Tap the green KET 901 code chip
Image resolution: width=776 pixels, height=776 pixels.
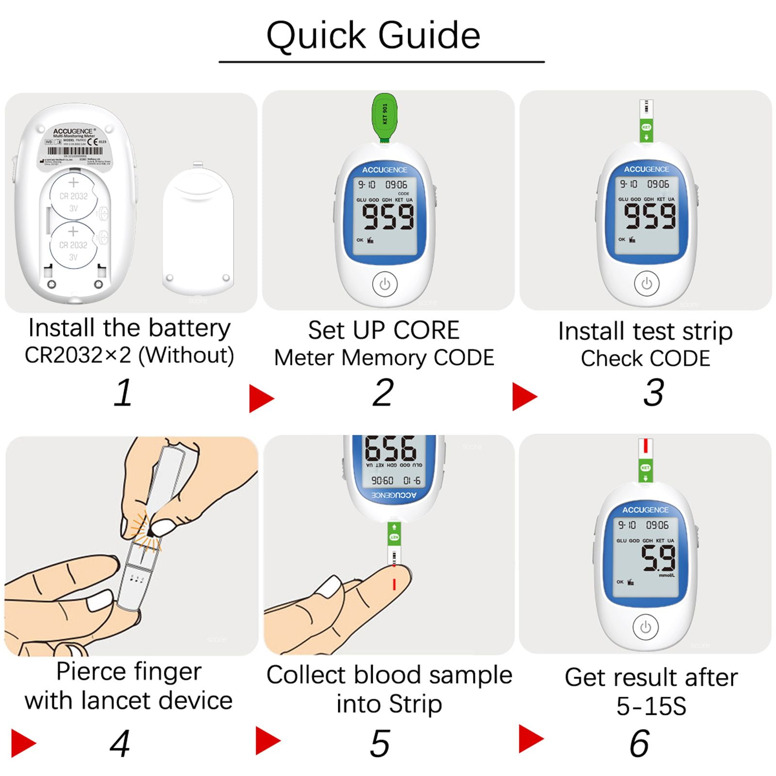pyautogui.click(x=384, y=116)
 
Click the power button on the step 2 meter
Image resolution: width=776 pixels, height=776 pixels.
pyautogui.click(x=385, y=284)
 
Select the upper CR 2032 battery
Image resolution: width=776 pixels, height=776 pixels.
pyautogui.click(x=73, y=196)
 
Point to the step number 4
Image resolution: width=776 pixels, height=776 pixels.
pyautogui.click(x=119, y=743)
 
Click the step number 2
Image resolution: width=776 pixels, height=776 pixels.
pyautogui.click(x=383, y=392)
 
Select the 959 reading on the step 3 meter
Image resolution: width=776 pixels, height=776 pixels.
pyautogui.click(x=649, y=216)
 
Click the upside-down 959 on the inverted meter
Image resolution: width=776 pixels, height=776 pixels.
pyautogui.click(x=390, y=448)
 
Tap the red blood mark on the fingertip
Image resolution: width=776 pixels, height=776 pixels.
pyautogui.click(x=394, y=584)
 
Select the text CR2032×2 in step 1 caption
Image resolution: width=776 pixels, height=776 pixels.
pyautogui.click(x=78, y=355)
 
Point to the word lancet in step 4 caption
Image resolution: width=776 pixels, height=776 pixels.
pyautogui.click(x=114, y=700)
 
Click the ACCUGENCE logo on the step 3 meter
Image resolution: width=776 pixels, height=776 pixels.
pyautogui.click(x=646, y=169)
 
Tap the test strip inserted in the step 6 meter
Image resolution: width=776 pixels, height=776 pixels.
pyautogui.click(x=645, y=461)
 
